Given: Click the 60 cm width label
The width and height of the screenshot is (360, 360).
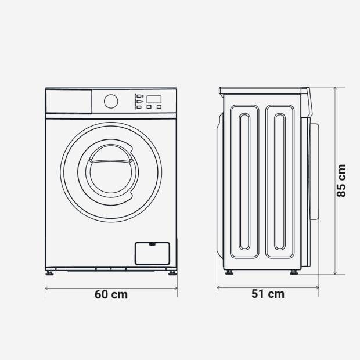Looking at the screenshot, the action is coord(111,294).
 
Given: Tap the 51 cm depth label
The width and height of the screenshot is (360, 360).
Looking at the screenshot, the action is coord(268,294).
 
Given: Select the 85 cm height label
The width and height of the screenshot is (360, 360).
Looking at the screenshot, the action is coord(341,181).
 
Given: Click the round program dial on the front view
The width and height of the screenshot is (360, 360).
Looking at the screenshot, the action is coord(111,101).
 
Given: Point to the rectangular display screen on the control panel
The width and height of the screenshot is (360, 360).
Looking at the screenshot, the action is coord(154,99).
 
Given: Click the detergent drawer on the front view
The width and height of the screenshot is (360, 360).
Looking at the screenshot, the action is coord(69,101).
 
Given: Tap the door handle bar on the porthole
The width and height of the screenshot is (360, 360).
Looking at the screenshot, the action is coord(111,161).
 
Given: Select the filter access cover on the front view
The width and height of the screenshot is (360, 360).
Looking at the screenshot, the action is coord(153,254).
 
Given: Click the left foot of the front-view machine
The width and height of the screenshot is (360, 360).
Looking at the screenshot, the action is coord(49,273).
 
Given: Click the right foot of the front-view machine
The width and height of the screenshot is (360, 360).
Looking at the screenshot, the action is coord(172,273).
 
